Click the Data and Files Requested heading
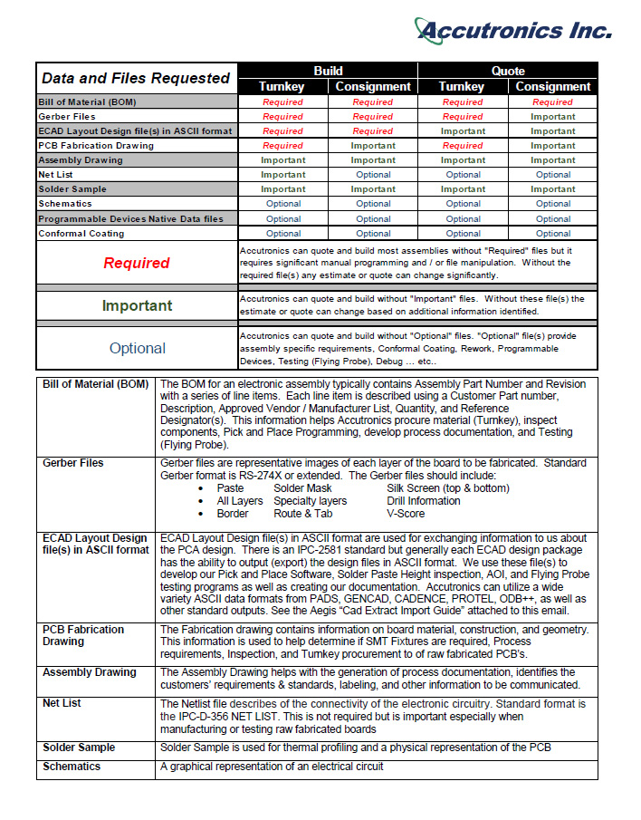tap(136, 78)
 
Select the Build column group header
tap(328, 71)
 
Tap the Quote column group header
tap(508, 71)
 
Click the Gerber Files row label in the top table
tap(67, 116)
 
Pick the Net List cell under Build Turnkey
tap(282, 175)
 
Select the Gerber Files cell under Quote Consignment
tap(552, 117)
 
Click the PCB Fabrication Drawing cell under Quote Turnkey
tap(463, 146)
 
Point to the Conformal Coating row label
tap(81, 233)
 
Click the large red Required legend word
tap(137, 263)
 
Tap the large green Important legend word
tap(137, 305)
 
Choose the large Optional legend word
tap(137, 348)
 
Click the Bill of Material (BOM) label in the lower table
tap(95, 384)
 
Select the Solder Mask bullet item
tap(302, 488)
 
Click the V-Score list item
tap(407, 514)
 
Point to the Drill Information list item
tap(423, 501)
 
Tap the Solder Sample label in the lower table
tap(79, 748)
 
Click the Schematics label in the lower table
tap(72, 767)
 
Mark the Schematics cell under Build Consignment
tap(373, 204)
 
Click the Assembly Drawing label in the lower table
tap(90, 672)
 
